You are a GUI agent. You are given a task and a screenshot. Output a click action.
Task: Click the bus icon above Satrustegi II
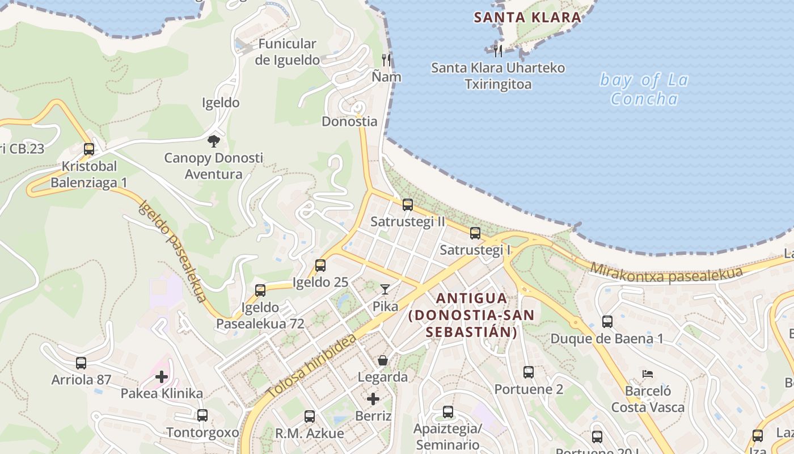pos(407,205)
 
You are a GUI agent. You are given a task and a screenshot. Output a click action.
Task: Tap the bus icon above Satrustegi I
pos(475,233)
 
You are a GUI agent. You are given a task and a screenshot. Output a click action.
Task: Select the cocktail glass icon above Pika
pos(385,289)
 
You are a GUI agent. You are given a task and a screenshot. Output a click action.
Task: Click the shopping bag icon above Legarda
pos(383,360)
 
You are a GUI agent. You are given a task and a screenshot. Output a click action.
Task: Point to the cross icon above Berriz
pos(373,399)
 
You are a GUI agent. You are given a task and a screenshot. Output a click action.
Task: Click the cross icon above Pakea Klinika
pos(162,376)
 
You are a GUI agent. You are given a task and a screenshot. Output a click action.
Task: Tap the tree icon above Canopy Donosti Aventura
pos(214,141)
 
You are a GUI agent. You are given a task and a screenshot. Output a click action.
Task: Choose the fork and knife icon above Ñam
pos(386,60)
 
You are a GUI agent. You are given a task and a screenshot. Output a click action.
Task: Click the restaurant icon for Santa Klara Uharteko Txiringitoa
pos(498,51)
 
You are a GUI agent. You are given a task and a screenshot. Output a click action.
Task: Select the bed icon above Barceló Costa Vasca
pos(648,374)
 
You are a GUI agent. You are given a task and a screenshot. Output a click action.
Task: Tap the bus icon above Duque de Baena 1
pos(607,322)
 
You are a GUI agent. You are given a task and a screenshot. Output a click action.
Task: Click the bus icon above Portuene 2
pos(529,372)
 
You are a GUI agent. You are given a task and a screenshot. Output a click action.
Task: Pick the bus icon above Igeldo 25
pos(320,265)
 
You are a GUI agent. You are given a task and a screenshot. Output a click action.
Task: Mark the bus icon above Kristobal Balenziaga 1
pos(89,149)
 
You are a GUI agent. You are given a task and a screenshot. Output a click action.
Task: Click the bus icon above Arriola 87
pos(81,363)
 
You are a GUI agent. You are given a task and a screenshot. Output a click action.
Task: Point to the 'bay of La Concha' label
pos(644,89)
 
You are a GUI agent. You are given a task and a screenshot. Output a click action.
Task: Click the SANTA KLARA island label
pos(527,17)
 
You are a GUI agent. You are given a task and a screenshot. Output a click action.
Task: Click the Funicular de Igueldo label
pos(287,52)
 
